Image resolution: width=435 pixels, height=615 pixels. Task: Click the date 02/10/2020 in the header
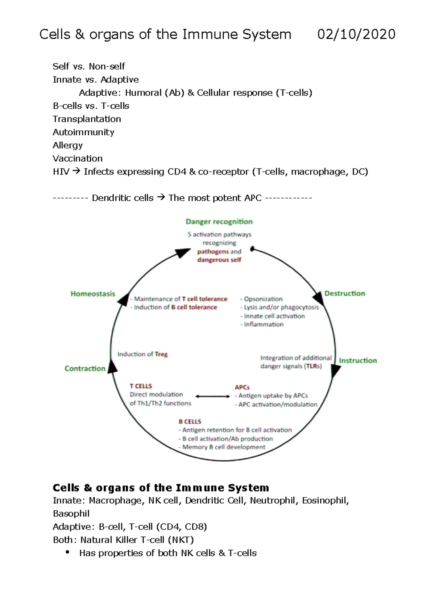tap(356, 34)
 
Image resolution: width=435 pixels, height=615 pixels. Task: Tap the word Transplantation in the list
tap(87, 119)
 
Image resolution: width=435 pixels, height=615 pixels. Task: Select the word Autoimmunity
tap(83, 132)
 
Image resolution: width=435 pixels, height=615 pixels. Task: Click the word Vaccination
tap(78, 159)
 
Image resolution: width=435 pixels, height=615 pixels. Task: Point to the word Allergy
tap(67, 146)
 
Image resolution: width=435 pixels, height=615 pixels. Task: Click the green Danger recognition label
tap(219, 222)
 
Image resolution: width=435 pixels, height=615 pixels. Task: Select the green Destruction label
tap(345, 293)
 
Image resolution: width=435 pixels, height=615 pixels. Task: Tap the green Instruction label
tap(358, 360)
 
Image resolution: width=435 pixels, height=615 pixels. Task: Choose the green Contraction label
tap(85, 368)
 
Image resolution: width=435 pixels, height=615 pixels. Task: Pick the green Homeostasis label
tap(93, 294)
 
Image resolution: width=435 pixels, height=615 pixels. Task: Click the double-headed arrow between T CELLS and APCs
tap(213, 396)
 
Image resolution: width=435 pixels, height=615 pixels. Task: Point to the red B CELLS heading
tap(190, 422)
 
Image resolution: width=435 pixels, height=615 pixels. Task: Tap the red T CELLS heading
tap(141, 386)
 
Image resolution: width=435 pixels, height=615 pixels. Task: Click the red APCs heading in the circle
tap(242, 387)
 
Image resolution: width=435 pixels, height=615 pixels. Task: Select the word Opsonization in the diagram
tap(263, 299)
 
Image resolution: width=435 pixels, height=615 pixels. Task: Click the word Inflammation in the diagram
tap(264, 325)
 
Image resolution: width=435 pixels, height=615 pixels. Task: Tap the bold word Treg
tap(161, 354)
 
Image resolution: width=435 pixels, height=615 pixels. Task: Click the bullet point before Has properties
tap(67, 552)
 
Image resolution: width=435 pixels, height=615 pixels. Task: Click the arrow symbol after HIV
tap(76, 171)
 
